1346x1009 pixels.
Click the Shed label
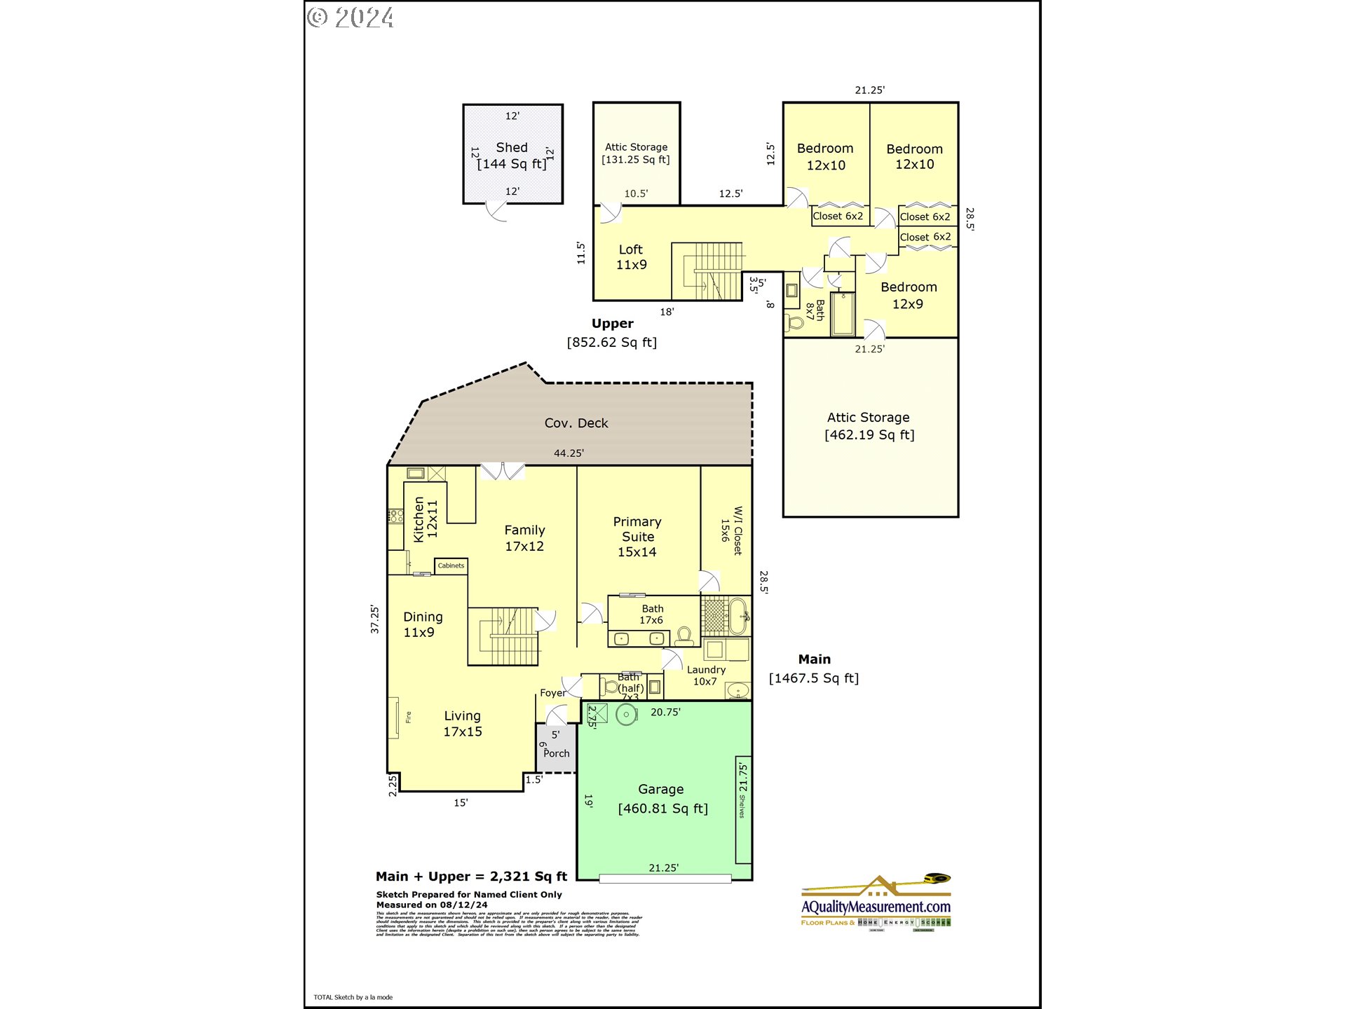click(512, 148)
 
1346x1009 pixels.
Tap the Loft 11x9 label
click(631, 257)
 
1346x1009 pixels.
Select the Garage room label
click(661, 790)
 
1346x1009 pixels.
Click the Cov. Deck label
click(576, 423)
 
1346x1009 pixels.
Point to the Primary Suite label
click(637, 536)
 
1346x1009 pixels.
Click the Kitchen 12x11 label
click(425, 519)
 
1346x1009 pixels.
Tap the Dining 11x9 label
click(422, 624)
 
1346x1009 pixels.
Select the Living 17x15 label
click(463, 723)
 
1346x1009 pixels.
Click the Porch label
click(557, 753)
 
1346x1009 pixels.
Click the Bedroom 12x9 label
click(909, 295)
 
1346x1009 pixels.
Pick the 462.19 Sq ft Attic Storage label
click(869, 426)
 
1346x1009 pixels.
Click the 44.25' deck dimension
click(569, 453)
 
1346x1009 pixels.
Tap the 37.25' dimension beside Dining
click(375, 619)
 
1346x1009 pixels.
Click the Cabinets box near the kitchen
click(451, 565)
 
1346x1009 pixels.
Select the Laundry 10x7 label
click(706, 675)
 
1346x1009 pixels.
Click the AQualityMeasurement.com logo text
click(876, 907)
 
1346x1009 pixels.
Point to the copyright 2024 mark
click(351, 17)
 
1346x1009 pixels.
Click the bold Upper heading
click(612, 324)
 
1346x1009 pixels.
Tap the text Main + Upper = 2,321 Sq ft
click(471, 877)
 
